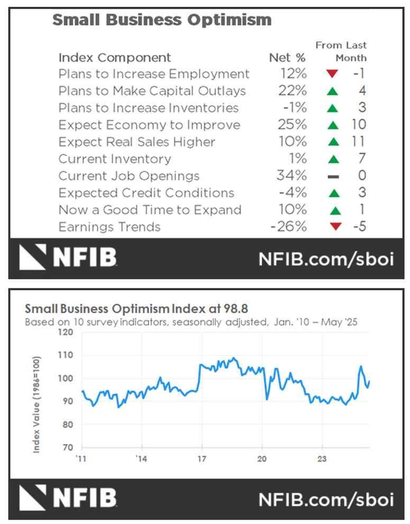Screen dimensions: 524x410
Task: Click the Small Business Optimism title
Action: [x=161, y=20]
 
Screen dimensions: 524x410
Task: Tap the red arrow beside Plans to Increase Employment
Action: [x=332, y=74]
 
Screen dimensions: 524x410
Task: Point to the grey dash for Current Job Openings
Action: [x=332, y=176]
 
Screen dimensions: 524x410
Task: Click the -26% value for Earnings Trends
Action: [x=288, y=227]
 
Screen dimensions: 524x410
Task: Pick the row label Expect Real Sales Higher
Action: [x=136, y=142]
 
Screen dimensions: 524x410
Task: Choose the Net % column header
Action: [x=287, y=58]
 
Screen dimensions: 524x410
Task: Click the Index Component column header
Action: [x=114, y=58]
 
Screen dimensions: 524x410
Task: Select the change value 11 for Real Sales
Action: [x=358, y=142]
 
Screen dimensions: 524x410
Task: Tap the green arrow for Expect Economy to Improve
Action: [x=332, y=125]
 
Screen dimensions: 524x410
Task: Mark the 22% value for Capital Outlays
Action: [x=292, y=91]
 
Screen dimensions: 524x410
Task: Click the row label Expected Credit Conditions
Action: [x=146, y=192]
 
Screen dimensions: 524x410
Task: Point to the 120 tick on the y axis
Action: [x=66, y=332]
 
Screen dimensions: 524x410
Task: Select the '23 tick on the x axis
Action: [x=322, y=458]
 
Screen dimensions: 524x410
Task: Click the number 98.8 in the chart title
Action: [x=235, y=308]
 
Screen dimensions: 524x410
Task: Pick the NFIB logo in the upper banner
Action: [x=68, y=258]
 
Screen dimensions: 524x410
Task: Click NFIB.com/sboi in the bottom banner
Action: [x=326, y=499]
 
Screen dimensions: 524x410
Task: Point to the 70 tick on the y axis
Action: [x=68, y=447]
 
